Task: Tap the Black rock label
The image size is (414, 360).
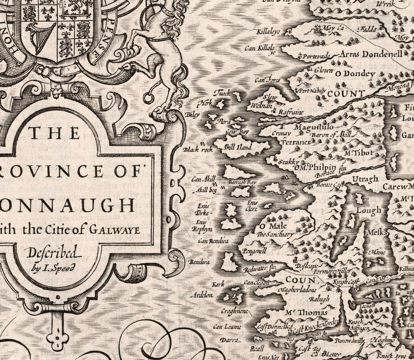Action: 198,150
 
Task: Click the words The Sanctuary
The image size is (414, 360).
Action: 275,234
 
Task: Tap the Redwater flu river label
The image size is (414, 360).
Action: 259,267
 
